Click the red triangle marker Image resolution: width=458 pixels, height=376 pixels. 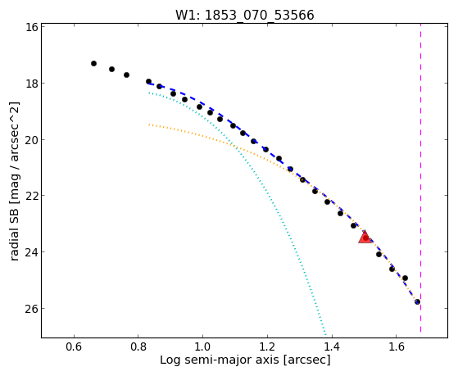click(x=365, y=238)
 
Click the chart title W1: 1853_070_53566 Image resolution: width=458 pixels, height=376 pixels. click(x=245, y=15)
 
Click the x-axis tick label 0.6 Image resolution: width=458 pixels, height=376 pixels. click(x=75, y=347)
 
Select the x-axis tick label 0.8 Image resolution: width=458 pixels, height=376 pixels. click(x=138, y=347)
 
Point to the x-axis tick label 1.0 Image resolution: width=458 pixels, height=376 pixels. click(x=202, y=347)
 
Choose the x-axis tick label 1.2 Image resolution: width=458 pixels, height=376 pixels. click(x=267, y=347)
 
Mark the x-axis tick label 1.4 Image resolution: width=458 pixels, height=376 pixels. click(x=332, y=347)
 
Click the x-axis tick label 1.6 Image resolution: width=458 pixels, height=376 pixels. click(x=396, y=347)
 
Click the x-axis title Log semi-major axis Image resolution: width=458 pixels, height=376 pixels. click(x=220, y=360)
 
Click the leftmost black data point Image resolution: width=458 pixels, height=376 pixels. click(x=93, y=63)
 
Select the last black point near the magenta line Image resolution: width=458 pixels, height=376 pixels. click(x=417, y=301)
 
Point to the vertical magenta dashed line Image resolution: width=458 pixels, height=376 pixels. click(x=420, y=178)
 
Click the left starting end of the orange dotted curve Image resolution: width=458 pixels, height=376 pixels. click(x=149, y=125)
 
